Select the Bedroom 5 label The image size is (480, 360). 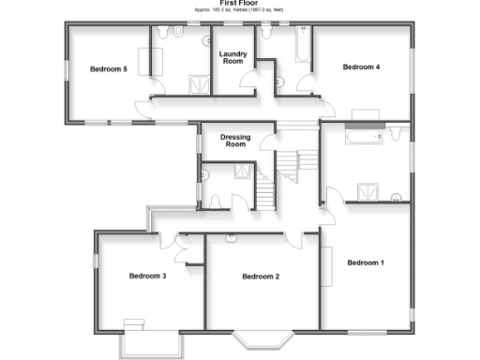[108, 69]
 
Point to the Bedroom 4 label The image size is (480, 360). [361, 67]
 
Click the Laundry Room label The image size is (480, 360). [232, 58]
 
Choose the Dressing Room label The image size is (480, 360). [234, 141]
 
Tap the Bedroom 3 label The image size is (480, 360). [147, 276]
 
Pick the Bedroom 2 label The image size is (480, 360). [261, 277]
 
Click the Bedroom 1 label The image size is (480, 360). [366, 263]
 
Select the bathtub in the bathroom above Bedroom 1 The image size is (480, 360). [364, 137]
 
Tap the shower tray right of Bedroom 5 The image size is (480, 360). [198, 84]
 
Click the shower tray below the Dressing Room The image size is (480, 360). [243, 172]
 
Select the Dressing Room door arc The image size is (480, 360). [268, 141]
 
